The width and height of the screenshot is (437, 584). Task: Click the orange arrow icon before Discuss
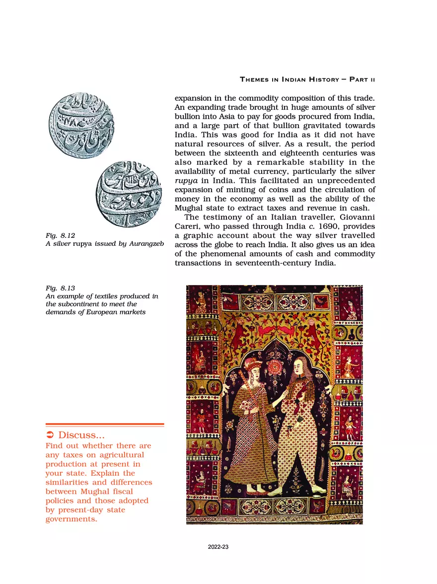coord(50,436)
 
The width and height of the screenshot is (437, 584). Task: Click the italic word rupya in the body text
coord(185,181)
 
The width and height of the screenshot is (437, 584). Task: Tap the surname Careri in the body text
coord(188,226)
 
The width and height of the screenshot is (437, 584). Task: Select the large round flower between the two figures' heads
coord(275,368)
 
